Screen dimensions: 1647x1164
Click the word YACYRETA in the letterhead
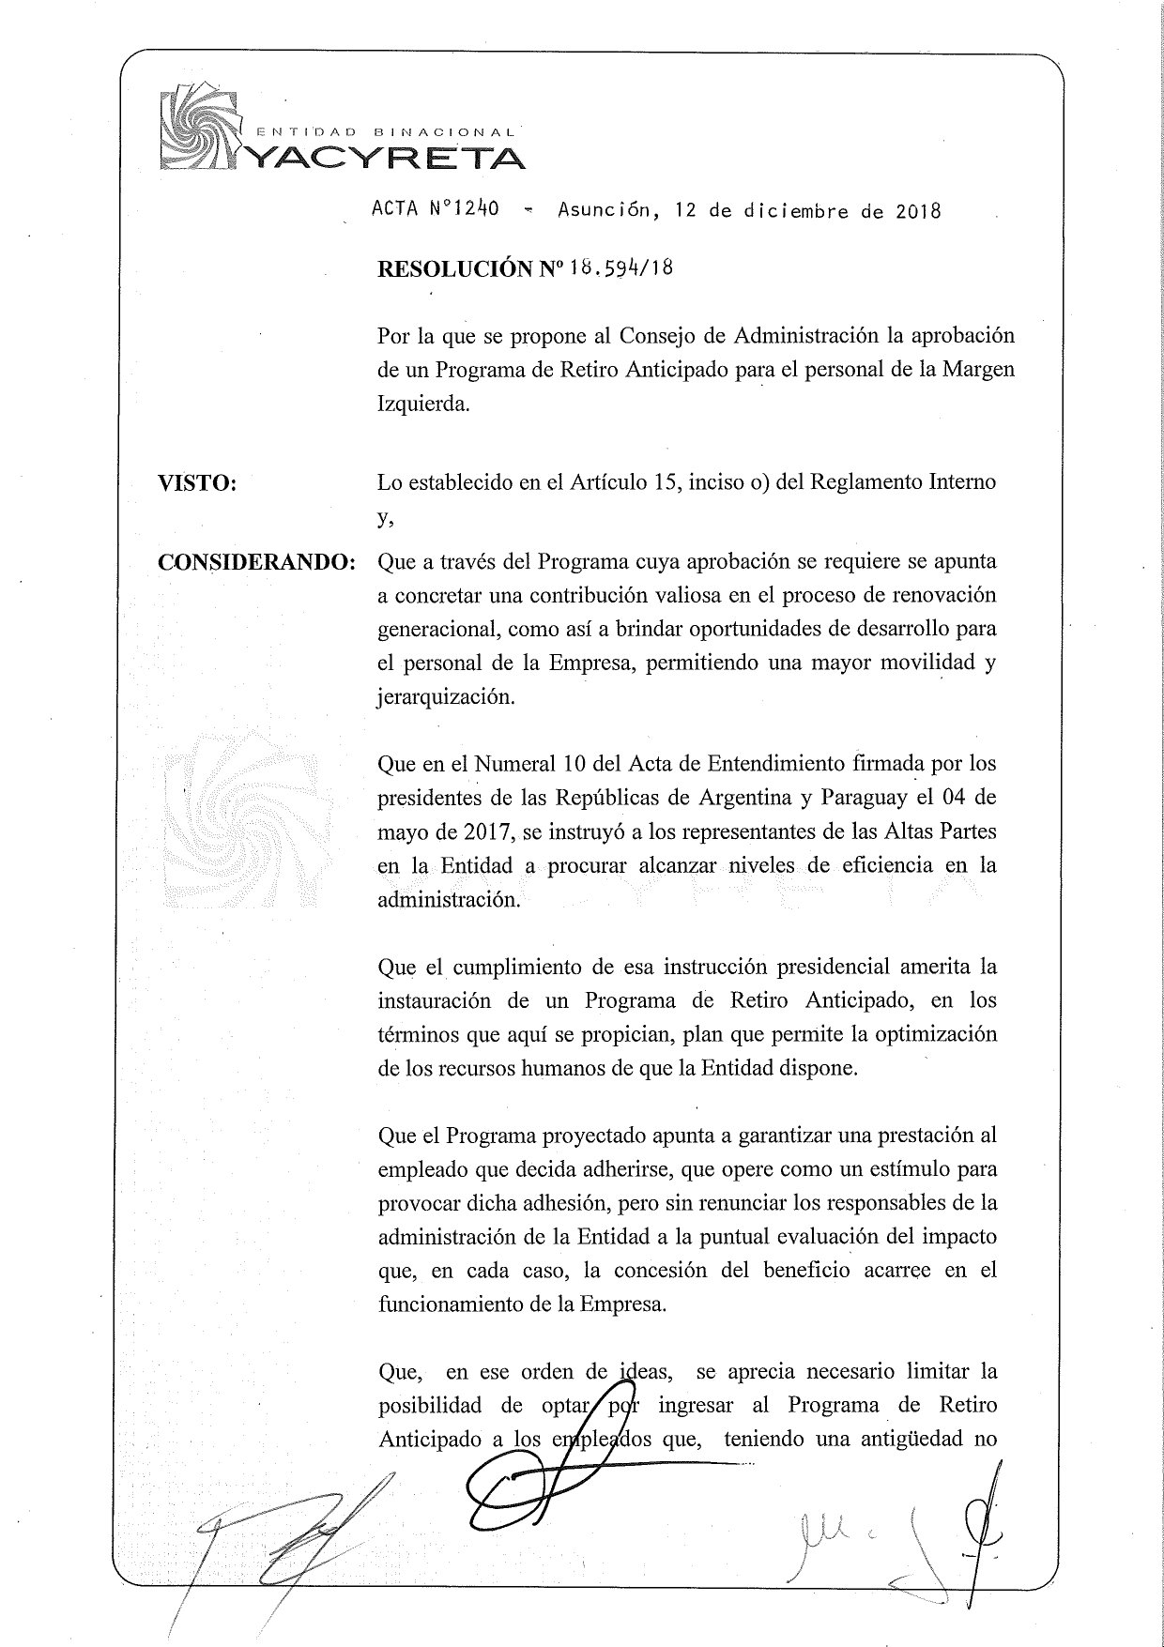(x=385, y=158)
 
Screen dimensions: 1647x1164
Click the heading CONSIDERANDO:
(x=256, y=562)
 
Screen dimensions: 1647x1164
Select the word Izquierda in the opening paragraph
(x=422, y=404)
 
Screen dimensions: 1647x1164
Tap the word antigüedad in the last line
(x=911, y=1440)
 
